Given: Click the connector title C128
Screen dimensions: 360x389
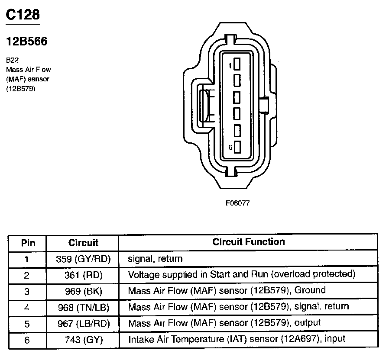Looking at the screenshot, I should [x=23, y=15].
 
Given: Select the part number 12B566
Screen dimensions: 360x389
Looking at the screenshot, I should [x=26, y=42].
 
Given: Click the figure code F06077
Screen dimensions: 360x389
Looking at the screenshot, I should [x=237, y=202].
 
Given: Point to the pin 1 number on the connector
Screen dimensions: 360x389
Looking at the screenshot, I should [x=230, y=65].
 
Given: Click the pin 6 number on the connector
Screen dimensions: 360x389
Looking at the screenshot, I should [x=230, y=148].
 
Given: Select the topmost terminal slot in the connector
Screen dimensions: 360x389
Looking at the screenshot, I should [x=237, y=64].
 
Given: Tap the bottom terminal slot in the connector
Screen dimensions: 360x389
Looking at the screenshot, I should [x=237, y=147].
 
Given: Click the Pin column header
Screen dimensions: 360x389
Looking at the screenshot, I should [x=28, y=243].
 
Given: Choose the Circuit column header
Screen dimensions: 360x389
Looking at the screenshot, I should [x=83, y=243].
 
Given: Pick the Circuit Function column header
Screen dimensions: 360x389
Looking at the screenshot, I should [x=249, y=242].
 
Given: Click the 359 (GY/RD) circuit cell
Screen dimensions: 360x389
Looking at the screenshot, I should [x=84, y=259].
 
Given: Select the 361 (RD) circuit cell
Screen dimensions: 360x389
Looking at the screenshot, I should [x=84, y=275].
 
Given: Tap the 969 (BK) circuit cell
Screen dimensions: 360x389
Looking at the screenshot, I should [x=84, y=291].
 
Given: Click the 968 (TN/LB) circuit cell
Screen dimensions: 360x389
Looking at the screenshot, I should [x=84, y=307].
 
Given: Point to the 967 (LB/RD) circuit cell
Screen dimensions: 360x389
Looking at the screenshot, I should [x=84, y=323].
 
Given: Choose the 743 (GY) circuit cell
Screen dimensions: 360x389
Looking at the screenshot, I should [x=84, y=340].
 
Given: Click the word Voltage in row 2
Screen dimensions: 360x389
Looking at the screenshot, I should [x=141, y=274].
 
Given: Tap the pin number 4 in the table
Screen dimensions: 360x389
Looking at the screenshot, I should [x=27, y=307].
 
